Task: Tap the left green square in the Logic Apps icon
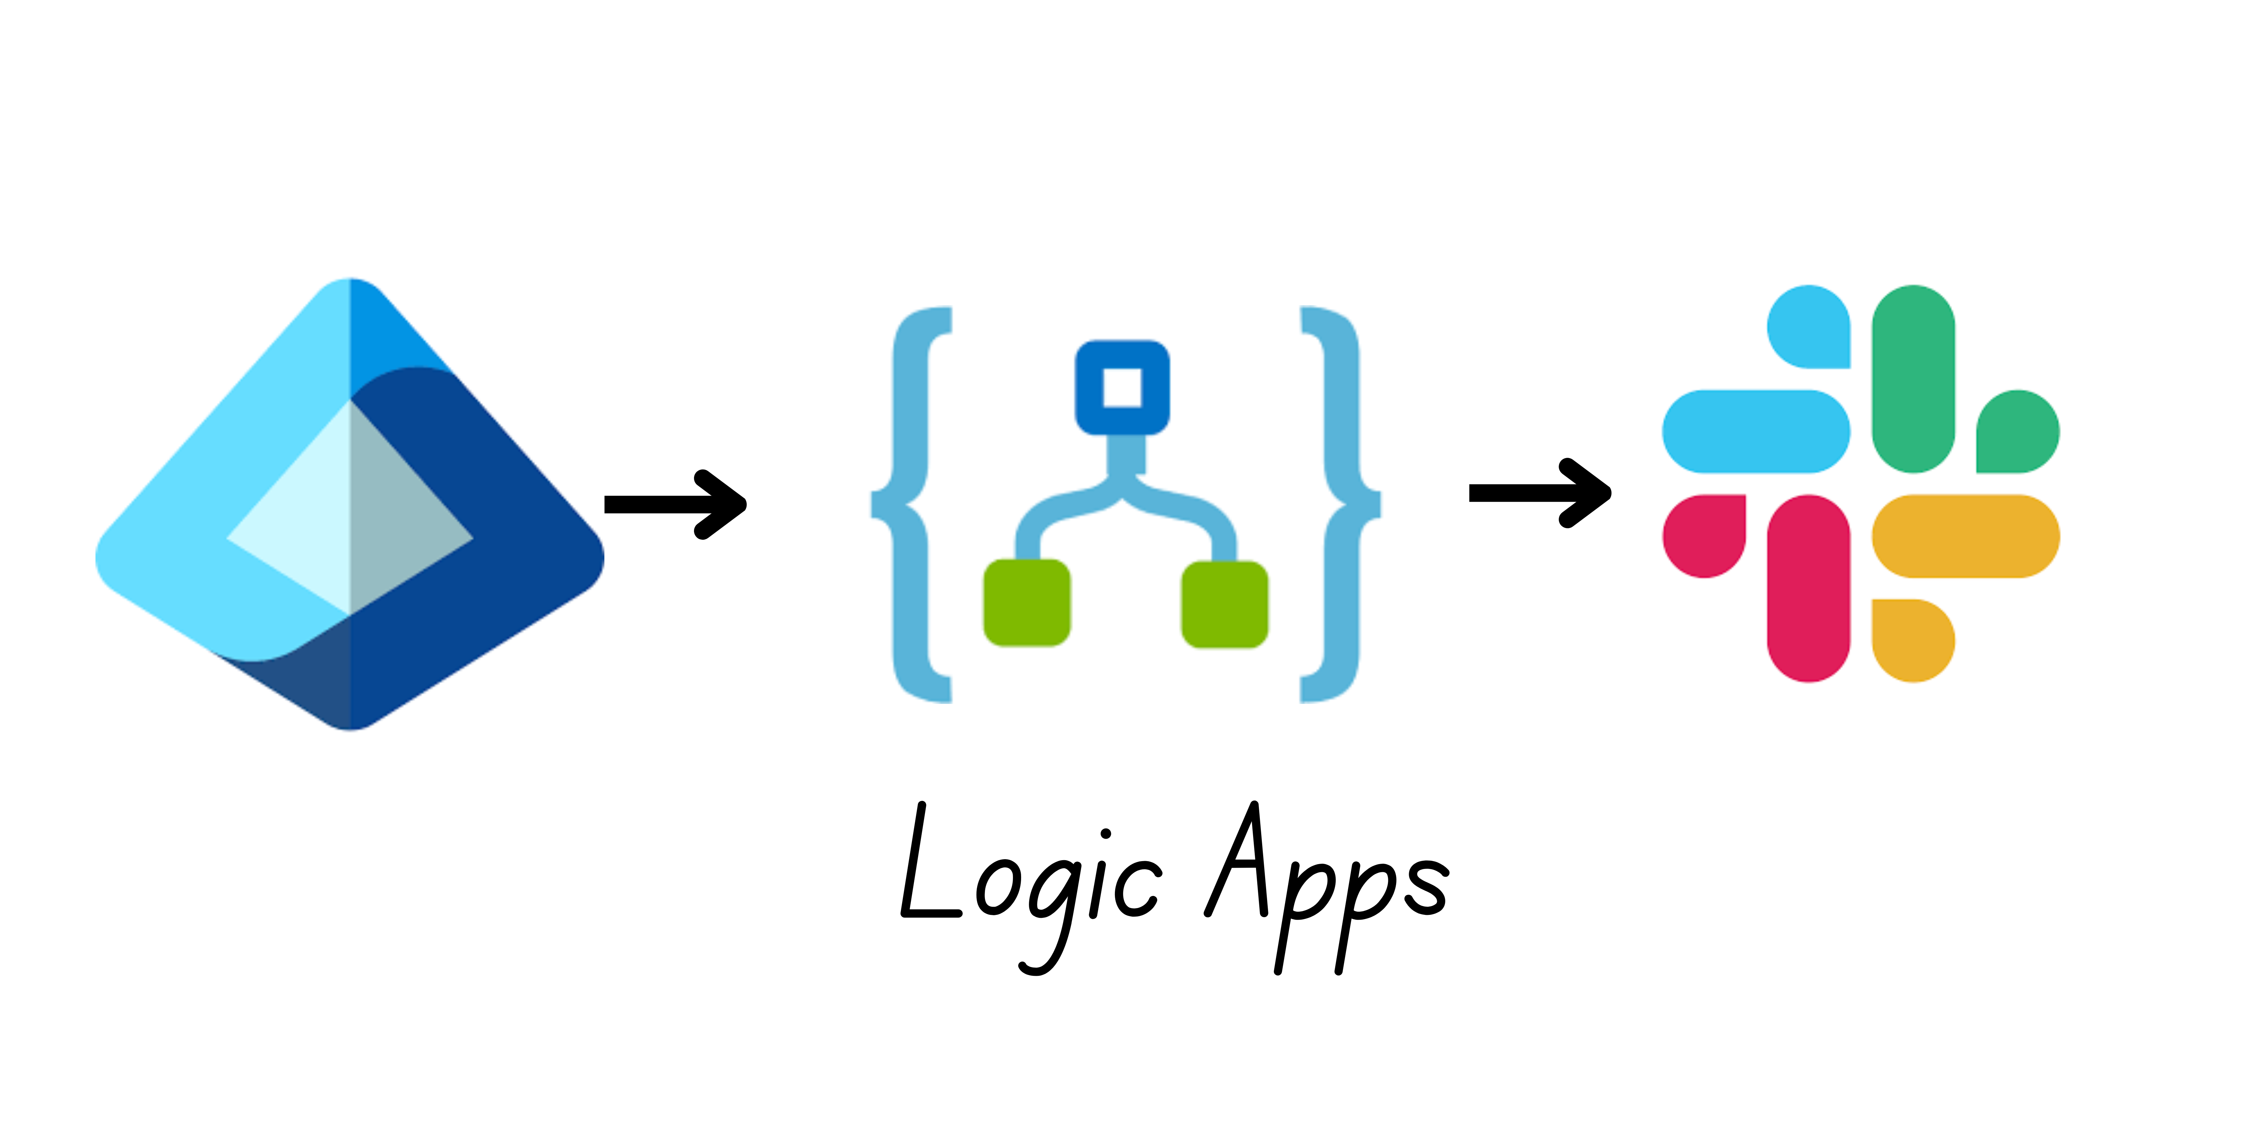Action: (x=1026, y=603)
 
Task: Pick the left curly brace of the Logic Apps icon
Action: (x=909, y=504)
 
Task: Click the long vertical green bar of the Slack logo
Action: (x=1913, y=379)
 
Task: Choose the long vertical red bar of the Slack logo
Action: (x=1808, y=588)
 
